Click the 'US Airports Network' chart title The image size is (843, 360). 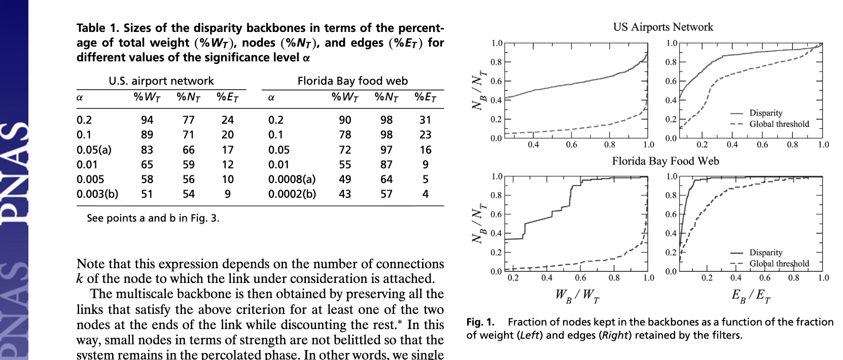pyautogui.click(x=663, y=27)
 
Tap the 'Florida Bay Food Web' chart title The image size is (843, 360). pyautogui.click(x=665, y=161)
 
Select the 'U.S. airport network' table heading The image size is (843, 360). pyautogui.click(x=161, y=81)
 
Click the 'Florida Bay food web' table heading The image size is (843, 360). pyautogui.click(x=352, y=81)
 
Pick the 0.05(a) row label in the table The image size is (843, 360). pyautogui.click(x=94, y=150)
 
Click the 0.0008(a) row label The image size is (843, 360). pyautogui.click(x=292, y=179)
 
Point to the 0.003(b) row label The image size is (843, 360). pyautogui.click(x=97, y=194)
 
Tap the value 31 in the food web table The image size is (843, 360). pyautogui.click(x=425, y=120)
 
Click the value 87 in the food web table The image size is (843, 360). pyautogui.click(x=387, y=165)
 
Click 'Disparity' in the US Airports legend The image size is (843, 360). pyautogui.click(x=765, y=113)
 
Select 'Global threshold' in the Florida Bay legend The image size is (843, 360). pyautogui.click(x=779, y=264)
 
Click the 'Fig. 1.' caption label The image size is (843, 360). pyautogui.click(x=480, y=322)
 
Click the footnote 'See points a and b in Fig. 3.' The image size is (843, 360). pyautogui.click(x=153, y=219)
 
